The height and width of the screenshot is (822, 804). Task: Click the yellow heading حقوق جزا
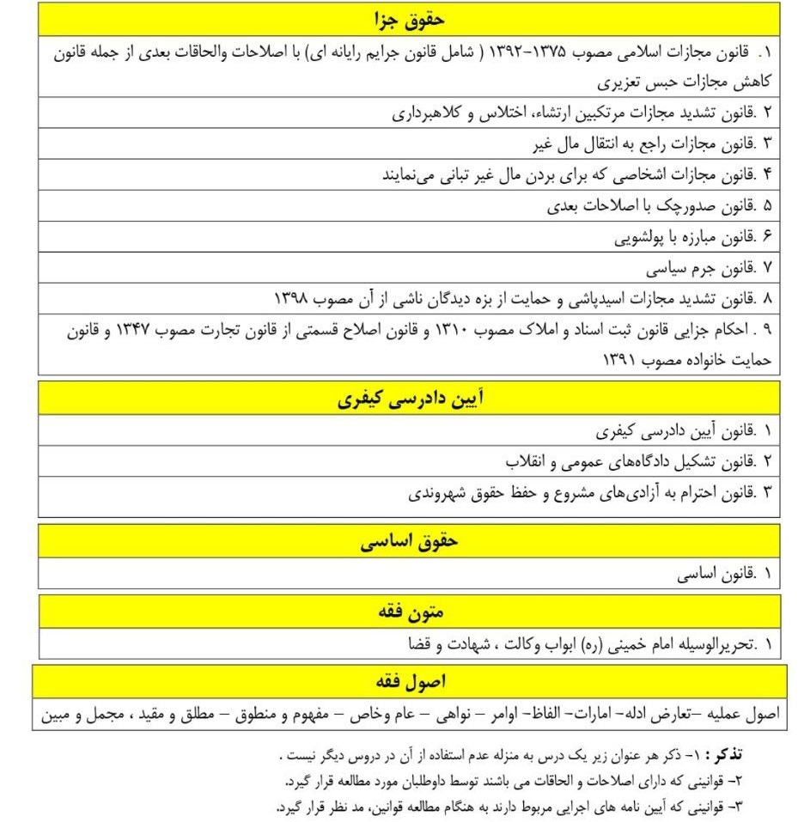(410, 17)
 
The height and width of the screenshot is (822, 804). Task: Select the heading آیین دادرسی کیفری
(410, 399)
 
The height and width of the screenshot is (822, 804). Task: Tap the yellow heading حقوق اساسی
(410, 541)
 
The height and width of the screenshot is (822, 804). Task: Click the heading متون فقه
(410, 612)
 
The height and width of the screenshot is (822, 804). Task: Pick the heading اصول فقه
(410, 682)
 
